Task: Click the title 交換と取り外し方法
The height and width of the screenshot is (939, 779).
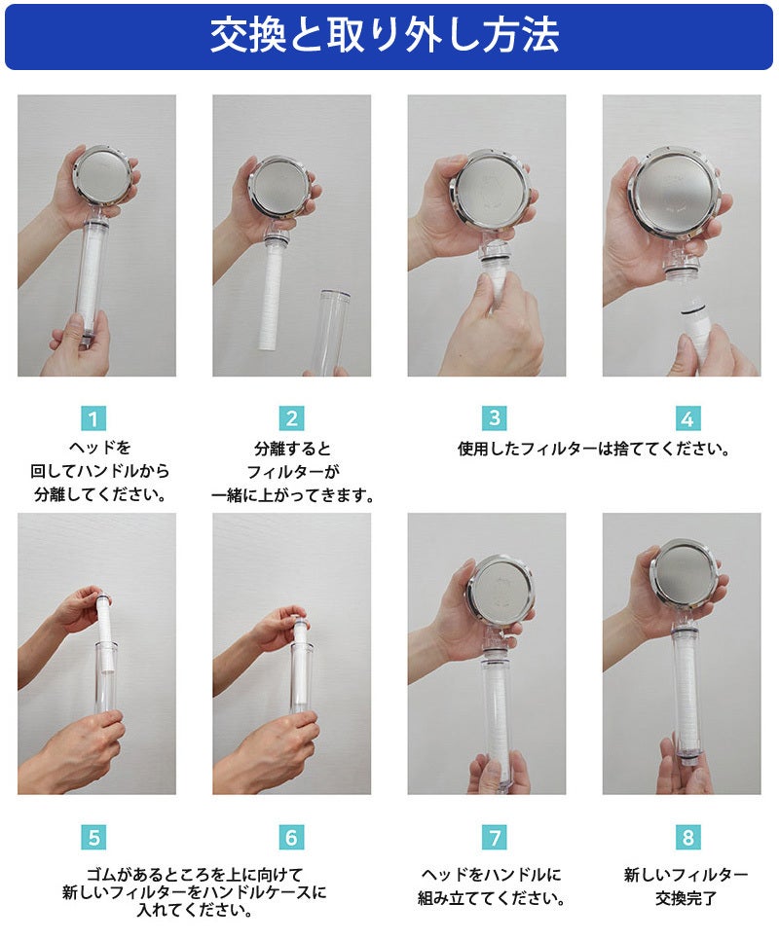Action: [385, 35]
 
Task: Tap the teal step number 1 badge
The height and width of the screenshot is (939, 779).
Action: [93, 418]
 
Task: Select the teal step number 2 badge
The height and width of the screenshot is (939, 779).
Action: [291, 418]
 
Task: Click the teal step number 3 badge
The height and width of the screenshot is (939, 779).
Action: [494, 418]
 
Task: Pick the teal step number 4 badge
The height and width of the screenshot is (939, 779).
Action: [687, 418]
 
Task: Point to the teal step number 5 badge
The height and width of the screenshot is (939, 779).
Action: [93, 837]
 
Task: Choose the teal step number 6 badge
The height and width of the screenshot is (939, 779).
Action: [291, 837]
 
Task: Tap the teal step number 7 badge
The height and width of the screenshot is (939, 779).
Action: [494, 837]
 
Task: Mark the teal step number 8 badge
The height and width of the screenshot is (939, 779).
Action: [687, 837]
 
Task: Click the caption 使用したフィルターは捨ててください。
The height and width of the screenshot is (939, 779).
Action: [593, 449]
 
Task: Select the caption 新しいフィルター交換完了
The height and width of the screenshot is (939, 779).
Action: [686, 886]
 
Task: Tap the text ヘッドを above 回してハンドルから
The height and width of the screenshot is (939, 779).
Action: [99, 448]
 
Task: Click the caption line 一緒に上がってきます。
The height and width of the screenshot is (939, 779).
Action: [292, 496]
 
